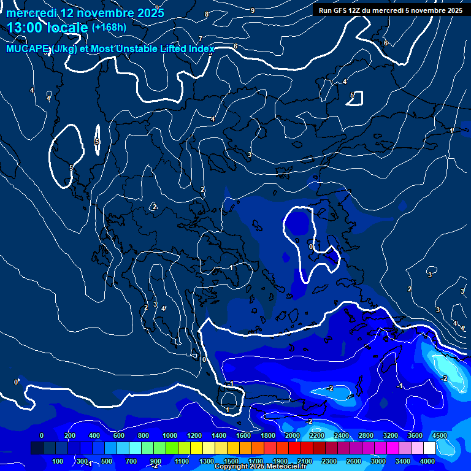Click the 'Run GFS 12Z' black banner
(390, 10)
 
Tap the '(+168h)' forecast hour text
(109, 28)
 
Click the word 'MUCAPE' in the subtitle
(26, 49)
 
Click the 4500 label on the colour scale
(439, 435)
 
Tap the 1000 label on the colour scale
(169, 435)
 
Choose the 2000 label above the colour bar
(292, 435)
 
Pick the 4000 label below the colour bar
(427, 461)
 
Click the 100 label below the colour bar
(58, 461)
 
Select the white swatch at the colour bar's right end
(429, 448)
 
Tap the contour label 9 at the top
(253, 10)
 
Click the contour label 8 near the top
(206, 14)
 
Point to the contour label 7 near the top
(200, 39)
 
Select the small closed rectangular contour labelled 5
(355, 98)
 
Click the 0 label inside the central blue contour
(311, 247)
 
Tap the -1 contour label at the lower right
(399, 386)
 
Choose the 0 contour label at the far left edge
(16, 382)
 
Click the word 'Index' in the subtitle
(201, 49)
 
